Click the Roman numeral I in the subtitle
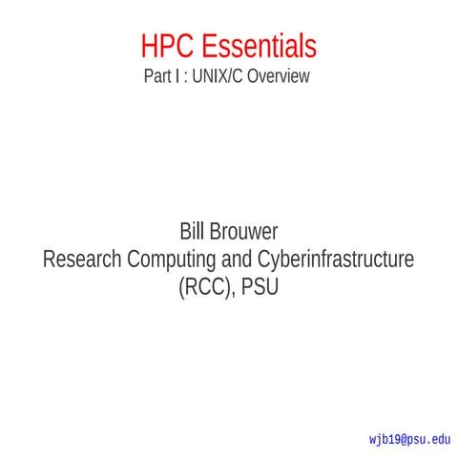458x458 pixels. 177,76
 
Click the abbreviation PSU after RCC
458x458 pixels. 260,285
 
